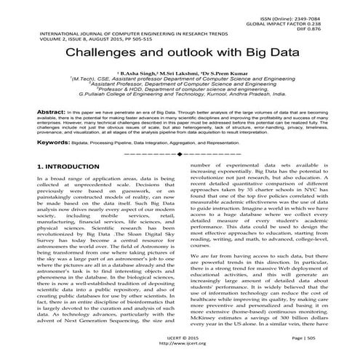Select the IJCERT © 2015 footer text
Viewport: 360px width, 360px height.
coord(178,339)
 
